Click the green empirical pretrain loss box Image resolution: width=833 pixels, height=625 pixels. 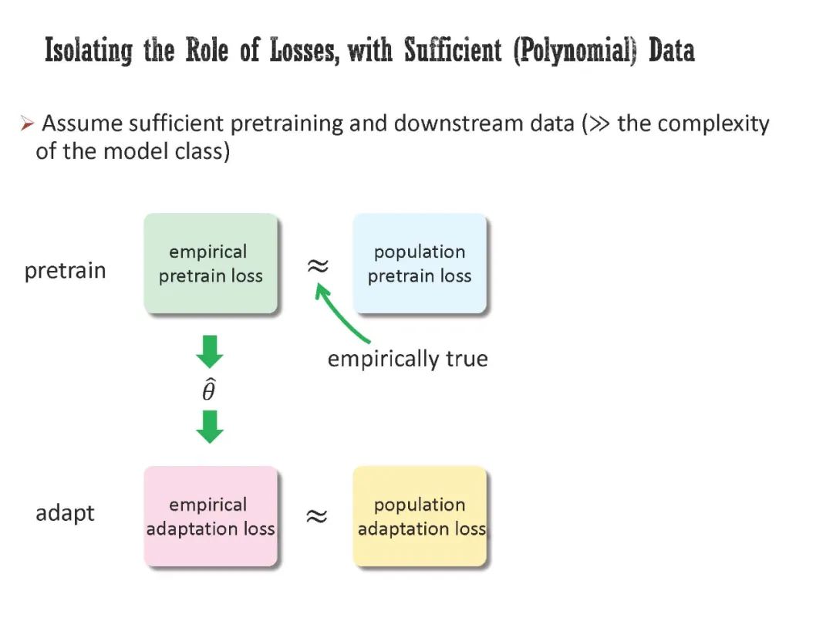211,264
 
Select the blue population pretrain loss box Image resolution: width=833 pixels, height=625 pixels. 420,264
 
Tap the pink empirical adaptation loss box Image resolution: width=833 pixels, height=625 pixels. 211,516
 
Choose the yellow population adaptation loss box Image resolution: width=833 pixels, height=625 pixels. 420,516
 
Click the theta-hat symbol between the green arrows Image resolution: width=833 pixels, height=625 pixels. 209,390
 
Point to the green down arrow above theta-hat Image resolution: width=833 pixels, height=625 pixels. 209,352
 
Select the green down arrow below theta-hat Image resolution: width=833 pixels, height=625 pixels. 209,427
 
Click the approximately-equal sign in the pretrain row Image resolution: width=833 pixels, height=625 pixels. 317,266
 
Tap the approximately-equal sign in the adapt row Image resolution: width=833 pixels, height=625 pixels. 316,516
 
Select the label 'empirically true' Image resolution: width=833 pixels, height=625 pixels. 407,359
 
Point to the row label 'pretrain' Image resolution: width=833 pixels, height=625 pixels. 66,272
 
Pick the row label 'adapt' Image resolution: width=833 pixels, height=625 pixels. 65,513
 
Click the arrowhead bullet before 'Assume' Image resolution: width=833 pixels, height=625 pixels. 27,123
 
